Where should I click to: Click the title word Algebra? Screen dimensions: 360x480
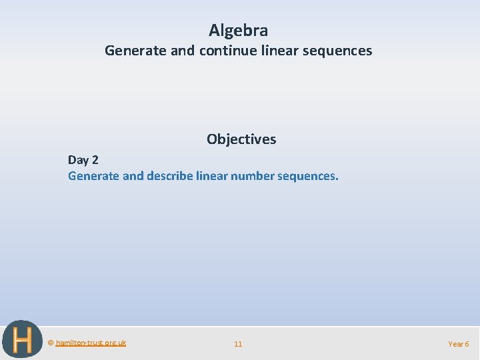coord(238,31)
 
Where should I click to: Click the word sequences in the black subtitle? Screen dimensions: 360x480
coord(338,51)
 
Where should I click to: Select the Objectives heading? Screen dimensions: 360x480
coord(241,139)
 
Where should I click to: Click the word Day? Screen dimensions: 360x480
coord(77,160)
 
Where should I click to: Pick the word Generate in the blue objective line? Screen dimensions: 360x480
coord(93,177)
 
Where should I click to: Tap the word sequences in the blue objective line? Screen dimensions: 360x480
coord(309,177)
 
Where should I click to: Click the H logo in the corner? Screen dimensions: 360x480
coord(22,339)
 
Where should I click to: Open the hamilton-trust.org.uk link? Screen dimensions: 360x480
coord(91,343)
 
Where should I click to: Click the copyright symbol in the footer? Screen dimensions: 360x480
coord(51,343)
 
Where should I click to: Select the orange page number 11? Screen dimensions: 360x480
coord(238,344)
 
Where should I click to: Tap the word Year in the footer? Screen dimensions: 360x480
coord(455,344)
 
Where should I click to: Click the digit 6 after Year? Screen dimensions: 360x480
coord(467,344)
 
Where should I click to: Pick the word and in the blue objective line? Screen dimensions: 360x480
coord(131,177)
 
